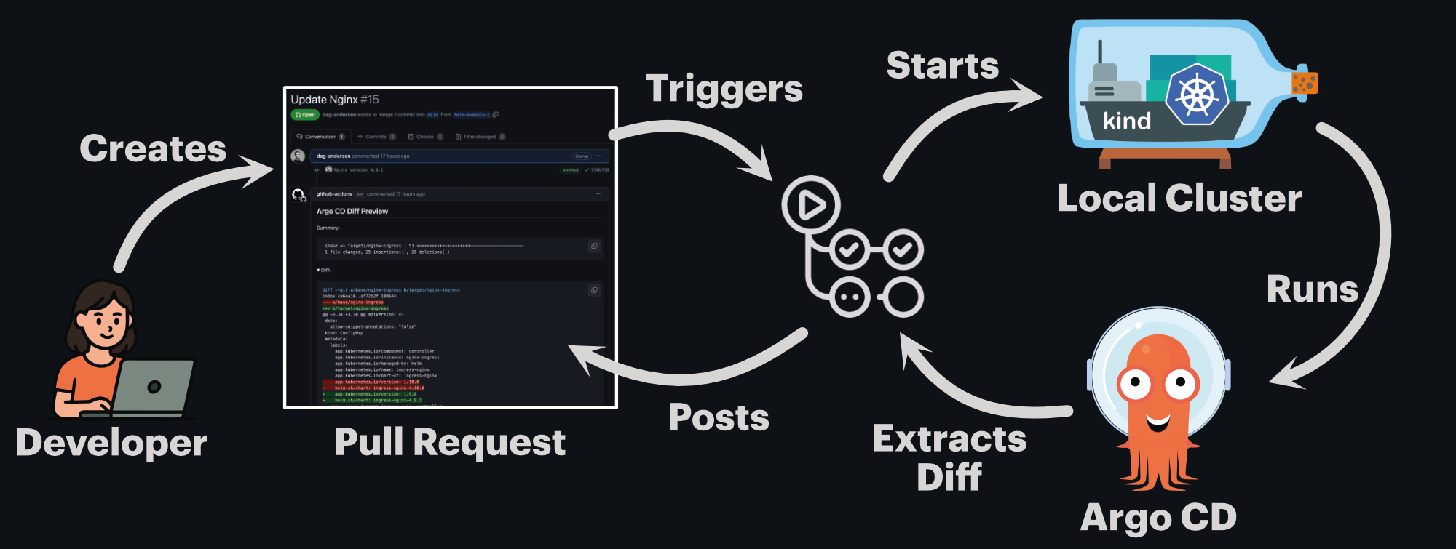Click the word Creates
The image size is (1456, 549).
pos(153,148)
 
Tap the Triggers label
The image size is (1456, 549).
pos(724,89)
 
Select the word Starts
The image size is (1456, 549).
pos(943,65)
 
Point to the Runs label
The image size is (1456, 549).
pos(1312,289)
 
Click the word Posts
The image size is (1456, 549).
pos(719,417)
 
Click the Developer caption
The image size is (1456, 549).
pos(111,443)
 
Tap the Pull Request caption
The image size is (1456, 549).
pos(450,442)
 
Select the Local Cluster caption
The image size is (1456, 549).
pos(1179,198)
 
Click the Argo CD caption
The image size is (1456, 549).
pos(1158,518)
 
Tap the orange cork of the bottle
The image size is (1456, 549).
pos(1305,82)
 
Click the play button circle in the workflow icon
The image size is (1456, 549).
pos(811,205)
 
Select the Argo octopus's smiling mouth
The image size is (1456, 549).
pos(1158,421)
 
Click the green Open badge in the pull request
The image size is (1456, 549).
pos(305,115)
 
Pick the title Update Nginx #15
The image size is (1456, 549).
pos(335,100)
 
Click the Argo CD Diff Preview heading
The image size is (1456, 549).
pos(352,212)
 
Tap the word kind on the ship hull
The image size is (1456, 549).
pos(1127,121)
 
